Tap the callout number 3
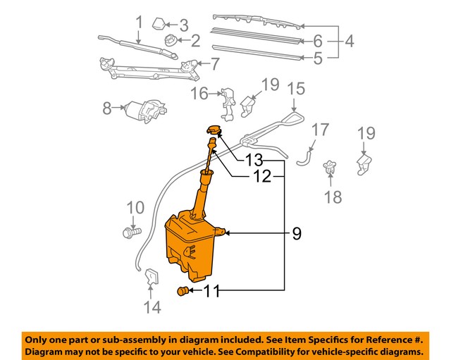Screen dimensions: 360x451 click(x=184, y=26)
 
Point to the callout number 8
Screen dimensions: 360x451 click(x=107, y=108)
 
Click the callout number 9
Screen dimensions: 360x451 click(x=297, y=233)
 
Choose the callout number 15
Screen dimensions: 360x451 click(x=296, y=88)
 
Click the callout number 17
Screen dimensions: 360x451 click(x=320, y=130)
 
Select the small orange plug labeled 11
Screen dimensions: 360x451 click(x=183, y=292)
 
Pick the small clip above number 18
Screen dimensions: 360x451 click(x=328, y=170)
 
